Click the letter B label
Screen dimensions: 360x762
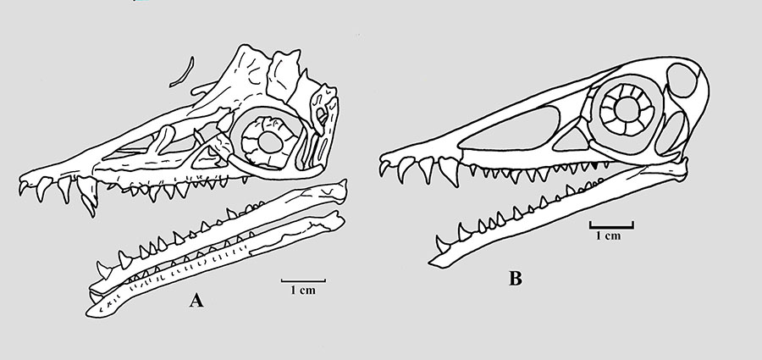coord(515,277)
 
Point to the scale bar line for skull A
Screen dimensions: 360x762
coord(302,280)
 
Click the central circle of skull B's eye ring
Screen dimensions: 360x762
coord(627,107)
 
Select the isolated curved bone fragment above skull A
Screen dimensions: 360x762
coord(180,73)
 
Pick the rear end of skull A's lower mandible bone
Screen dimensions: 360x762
coord(342,223)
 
